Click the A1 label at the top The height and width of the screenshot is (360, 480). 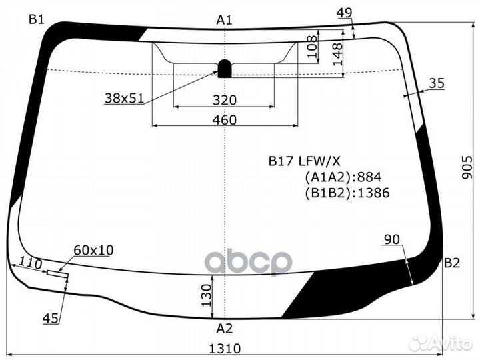click(x=225, y=20)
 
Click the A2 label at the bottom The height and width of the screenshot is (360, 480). click(x=225, y=328)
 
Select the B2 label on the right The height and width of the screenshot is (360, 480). click(x=452, y=263)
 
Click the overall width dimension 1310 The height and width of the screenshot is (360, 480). click(x=225, y=349)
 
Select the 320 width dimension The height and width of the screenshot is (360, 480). click(x=225, y=101)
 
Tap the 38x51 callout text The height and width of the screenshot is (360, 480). click(x=124, y=98)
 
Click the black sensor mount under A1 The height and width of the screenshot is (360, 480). click(x=225, y=68)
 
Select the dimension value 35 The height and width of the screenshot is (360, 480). click(x=437, y=83)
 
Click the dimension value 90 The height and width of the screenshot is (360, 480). click(x=393, y=239)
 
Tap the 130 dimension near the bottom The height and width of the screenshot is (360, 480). click(x=207, y=294)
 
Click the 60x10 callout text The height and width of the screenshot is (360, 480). click(x=93, y=250)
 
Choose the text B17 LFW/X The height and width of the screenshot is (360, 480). click(x=305, y=161)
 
